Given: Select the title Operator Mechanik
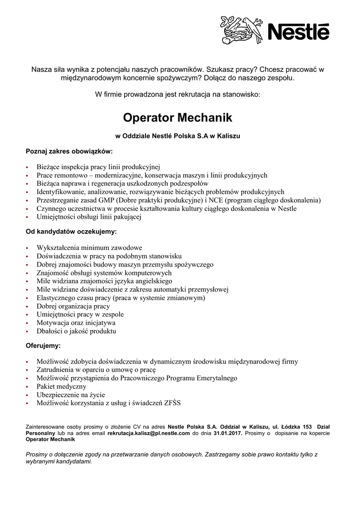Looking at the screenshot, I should click(177, 118).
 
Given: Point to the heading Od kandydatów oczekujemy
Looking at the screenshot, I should click(71, 231).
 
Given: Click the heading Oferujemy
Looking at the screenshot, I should click(43, 345).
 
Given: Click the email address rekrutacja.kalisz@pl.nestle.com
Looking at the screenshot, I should click(149, 433).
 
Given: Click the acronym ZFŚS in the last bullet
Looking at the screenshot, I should click(170, 403).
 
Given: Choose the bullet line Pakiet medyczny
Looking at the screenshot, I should click(62, 386).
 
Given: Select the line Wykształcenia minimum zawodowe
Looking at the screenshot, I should click(89, 248).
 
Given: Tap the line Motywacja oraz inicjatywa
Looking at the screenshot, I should click(76, 322).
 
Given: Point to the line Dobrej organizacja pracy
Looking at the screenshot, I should click(73, 306).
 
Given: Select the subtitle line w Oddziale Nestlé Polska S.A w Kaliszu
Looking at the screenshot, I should click(178, 135).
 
